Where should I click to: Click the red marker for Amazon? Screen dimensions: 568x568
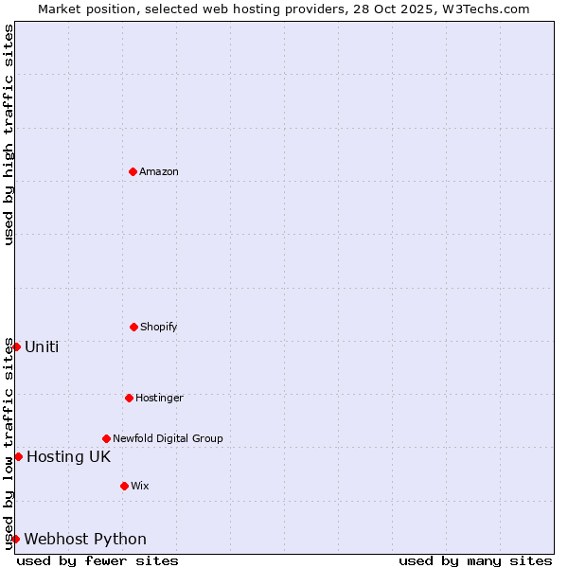click(x=133, y=171)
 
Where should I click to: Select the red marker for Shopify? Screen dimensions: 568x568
click(x=133, y=327)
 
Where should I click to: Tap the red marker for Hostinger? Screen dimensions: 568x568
click(x=129, y=398)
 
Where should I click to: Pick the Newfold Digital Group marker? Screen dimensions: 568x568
click(x=106, y=438)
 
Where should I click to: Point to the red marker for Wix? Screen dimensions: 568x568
click(x=124, y=486)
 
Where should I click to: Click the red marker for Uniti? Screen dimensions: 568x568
click(x=16, y=346)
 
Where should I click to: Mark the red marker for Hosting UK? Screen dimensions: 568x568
click(x=18, y=456)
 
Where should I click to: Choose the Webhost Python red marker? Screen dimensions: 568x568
click(x=15, y=539)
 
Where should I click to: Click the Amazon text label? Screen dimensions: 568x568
click(x=159, y=171)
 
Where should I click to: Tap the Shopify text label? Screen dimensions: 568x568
click(x=159, y=327)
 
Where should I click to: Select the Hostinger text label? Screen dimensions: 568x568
click(x=159, y=398)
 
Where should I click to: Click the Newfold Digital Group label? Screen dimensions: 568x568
click(x=168, y=438)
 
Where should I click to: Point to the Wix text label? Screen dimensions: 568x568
click(x=140, y=486)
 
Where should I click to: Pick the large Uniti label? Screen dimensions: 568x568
click(x=42, y=346)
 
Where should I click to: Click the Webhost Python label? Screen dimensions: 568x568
click(x=85, y=539)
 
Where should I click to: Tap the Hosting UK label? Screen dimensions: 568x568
click(x=68, y=456)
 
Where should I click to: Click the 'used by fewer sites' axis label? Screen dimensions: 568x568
click(x=98, y=560)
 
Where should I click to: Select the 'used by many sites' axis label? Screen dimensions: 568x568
click(x=475, y=560)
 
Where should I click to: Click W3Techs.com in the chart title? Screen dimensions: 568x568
click(x=485, y=9)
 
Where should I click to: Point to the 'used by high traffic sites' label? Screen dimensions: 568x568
click(x=9, y=134)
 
